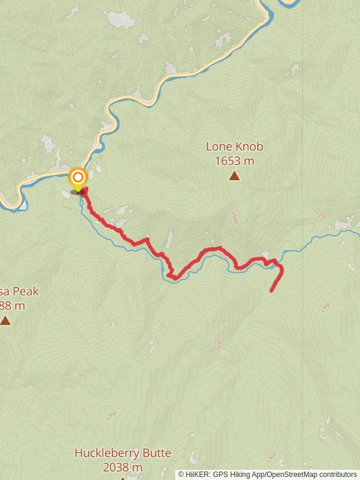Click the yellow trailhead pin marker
point(77,178)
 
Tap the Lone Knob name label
point(234,146)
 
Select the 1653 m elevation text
point(234,161)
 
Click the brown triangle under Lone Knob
point(234,176)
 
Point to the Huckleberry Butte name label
point(122,453)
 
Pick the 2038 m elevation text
point(122,467)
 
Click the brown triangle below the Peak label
point(5,320)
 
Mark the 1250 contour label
point(321,216)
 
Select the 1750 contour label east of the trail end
point(326,307)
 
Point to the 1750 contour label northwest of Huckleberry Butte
point(111,415)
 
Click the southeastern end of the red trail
point(272,291)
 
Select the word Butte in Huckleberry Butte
point(156,453)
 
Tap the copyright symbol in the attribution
point(181,474)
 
